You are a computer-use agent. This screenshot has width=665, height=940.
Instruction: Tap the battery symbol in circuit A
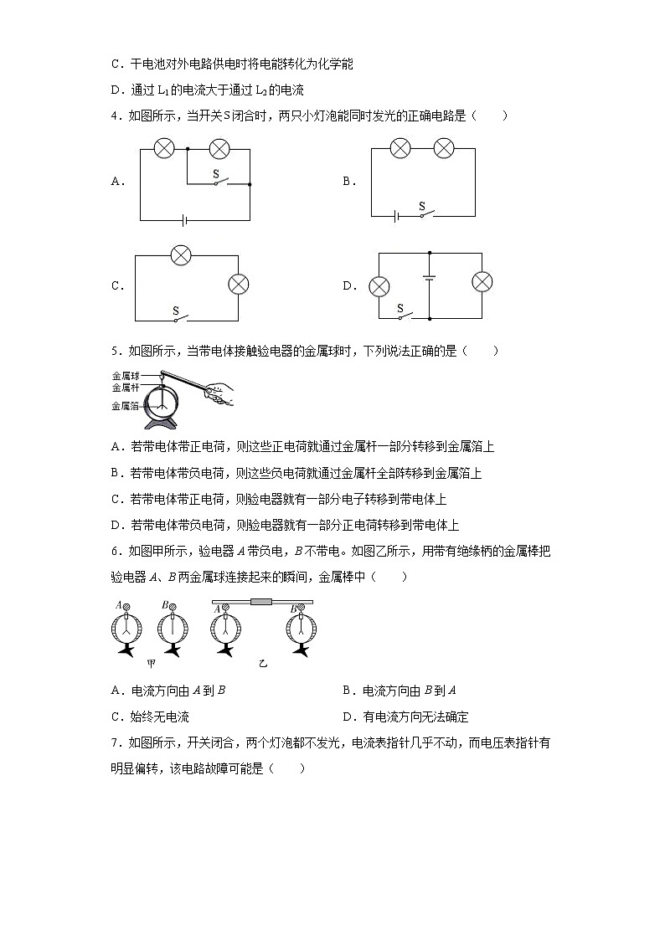pos(183,220)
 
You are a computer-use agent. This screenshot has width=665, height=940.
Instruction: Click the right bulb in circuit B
pos(443,149)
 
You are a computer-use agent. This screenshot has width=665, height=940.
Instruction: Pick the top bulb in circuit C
pos(181,255)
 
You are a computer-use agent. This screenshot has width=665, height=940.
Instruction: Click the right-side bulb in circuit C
pos(239,285)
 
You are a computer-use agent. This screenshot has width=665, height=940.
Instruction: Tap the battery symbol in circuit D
pos(430,280)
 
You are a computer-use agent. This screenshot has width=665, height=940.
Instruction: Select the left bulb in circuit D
pos(379,287)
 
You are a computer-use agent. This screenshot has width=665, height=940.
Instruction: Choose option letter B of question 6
pos(347,691)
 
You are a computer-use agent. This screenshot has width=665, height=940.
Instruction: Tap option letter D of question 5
pos(116,526)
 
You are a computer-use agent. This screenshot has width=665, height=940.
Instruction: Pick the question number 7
pos(114,742)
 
